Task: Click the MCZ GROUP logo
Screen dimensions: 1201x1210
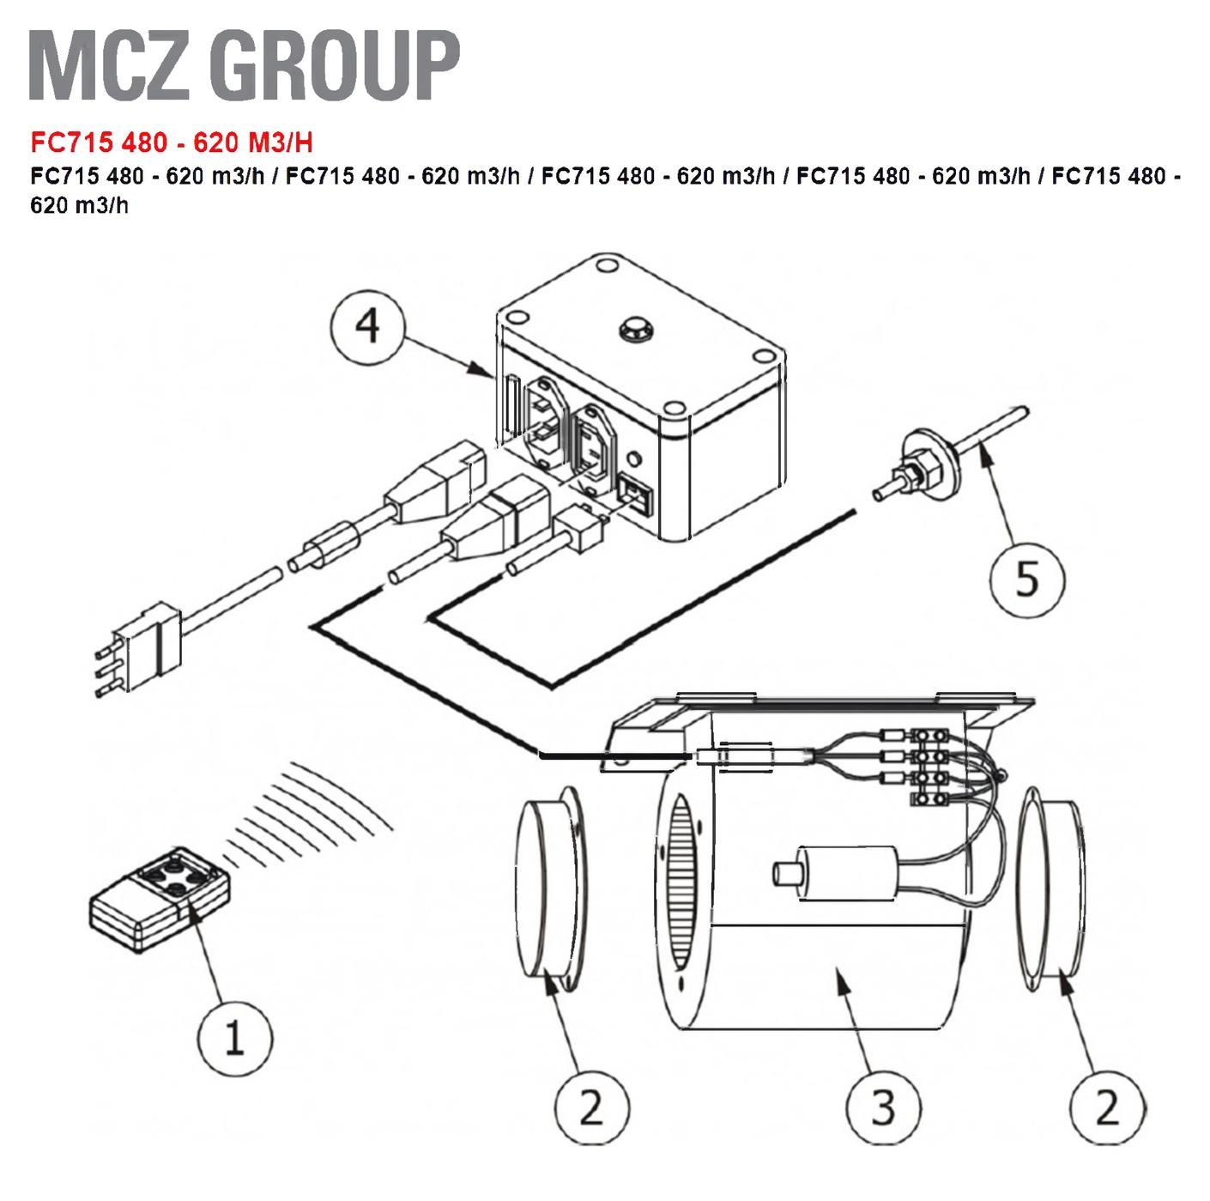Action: click(245, 66)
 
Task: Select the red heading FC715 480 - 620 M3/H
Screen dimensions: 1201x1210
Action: click(171, 142)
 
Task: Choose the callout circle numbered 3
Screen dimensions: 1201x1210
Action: click(884, 1107)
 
